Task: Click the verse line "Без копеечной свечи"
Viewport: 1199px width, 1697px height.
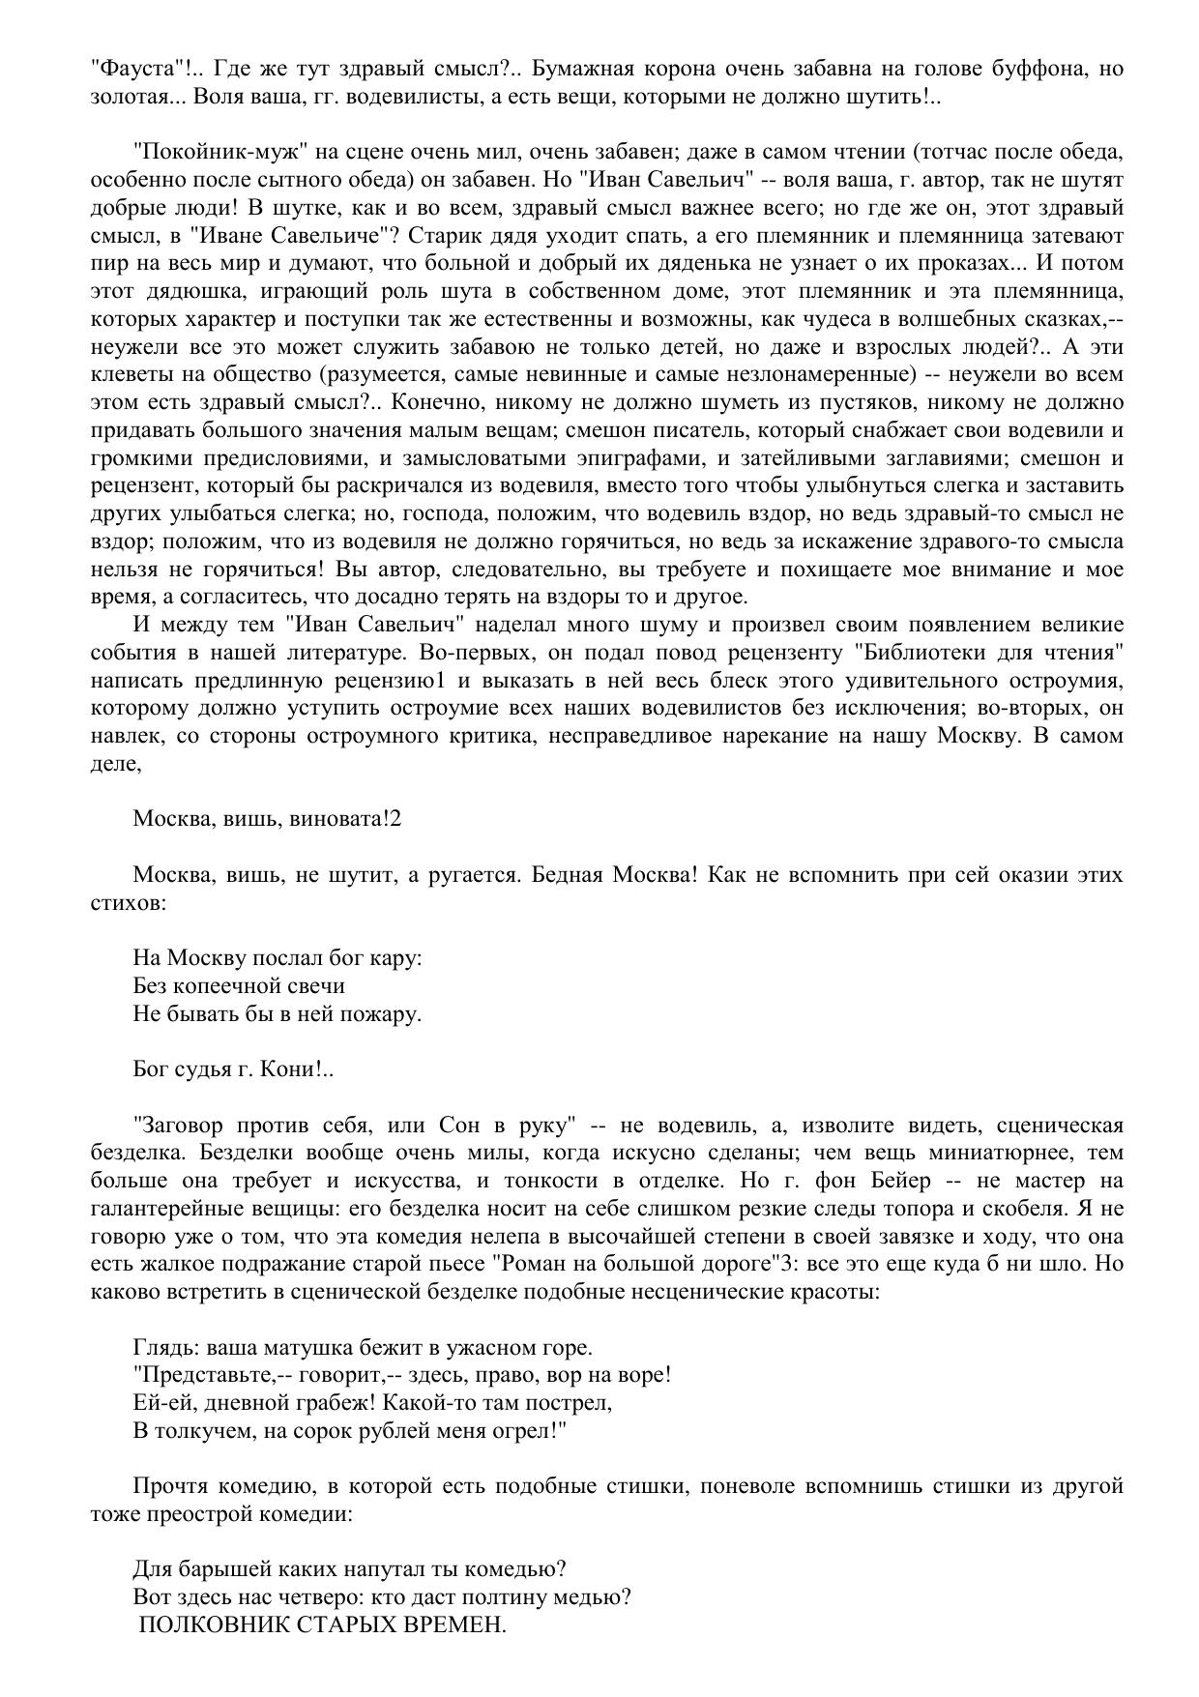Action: pyautogui.click(x=239, y=986)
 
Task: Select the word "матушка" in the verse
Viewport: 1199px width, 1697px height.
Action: pyautogui.click(x=288, y=1348)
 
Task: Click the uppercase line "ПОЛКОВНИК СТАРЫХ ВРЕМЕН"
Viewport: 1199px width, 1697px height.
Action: pyautogui.click(x=323, y=1626)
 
